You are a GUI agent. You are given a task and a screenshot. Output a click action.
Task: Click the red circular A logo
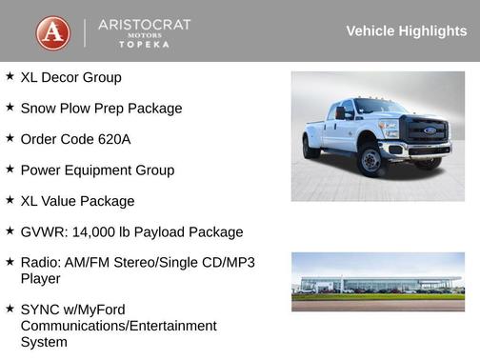(x=53, y=32)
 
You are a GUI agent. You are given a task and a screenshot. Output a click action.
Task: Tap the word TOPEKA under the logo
(x=145, y=45)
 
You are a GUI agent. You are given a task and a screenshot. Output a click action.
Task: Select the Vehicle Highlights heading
(x=406, y=31)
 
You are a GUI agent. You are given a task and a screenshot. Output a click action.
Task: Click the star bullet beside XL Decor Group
(x=10, y=76)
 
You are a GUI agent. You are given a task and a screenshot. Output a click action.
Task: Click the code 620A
(x=111, y=139)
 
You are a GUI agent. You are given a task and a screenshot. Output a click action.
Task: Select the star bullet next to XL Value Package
(x=10, y=200)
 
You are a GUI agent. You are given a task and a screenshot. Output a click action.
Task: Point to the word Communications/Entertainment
(x=119, y=326)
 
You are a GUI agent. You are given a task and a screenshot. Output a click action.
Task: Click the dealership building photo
(x=378, y=281)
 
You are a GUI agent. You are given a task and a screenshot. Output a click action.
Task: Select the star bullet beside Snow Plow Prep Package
(x=10, y=108)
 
